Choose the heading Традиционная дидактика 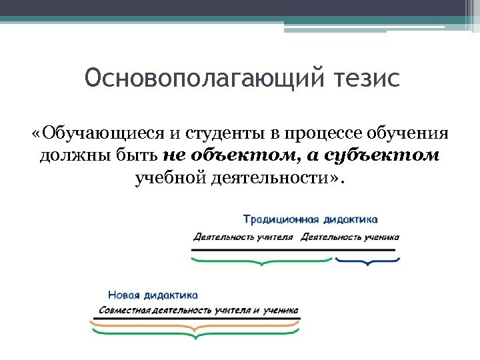coord(310,219)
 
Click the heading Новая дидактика coord(153,295)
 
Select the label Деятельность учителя coord(243,237)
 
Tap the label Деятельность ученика coord(350,237)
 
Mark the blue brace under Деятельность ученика coord(365,261)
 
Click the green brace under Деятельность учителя coord(261,261)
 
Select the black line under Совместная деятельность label coord(195,319)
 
